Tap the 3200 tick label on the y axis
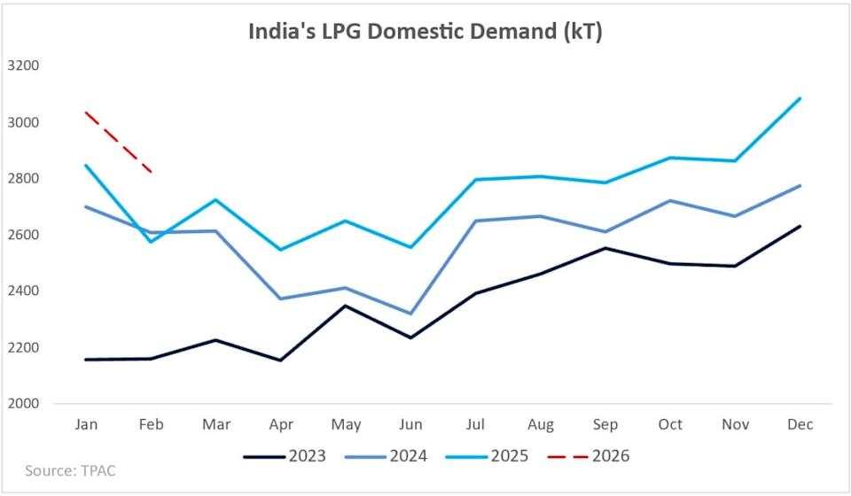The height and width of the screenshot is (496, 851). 23,66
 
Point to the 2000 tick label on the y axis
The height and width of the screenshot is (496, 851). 23,403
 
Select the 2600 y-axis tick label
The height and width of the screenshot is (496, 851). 23,235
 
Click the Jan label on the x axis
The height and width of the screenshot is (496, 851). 86,425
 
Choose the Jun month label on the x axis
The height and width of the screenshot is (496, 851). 410,425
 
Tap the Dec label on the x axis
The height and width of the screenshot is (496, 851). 800,425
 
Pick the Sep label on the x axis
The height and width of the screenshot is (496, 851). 605,425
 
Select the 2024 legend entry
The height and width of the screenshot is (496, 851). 408,456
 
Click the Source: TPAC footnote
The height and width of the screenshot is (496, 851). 70,471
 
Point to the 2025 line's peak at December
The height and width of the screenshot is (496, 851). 800,98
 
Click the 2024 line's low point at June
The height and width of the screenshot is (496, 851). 410,314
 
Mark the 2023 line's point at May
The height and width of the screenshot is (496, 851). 346,306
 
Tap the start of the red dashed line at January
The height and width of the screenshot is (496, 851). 86,112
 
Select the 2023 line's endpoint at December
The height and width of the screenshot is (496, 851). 800,226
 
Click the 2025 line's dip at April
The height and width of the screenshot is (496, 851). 281,250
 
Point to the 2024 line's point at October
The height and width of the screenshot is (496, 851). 671,200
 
